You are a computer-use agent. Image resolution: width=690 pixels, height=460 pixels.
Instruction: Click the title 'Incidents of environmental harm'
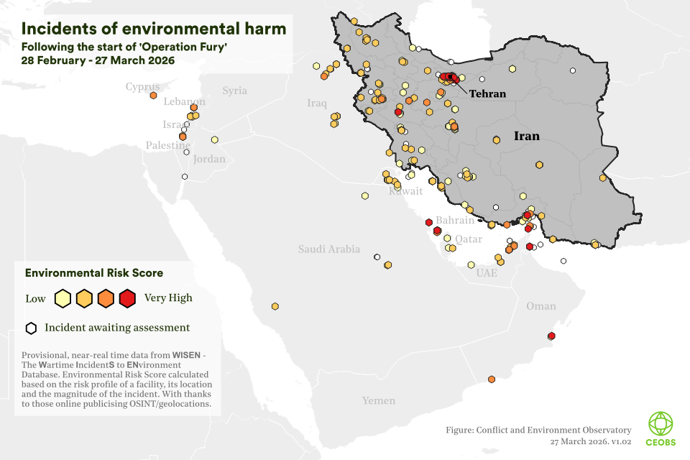point(154,29)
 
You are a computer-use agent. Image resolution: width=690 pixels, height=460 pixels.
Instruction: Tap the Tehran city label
point(487,93)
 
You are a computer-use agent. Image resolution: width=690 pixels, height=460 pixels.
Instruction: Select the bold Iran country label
point(526,136)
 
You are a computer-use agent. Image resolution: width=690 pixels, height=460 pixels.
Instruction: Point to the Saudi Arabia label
point(329,249)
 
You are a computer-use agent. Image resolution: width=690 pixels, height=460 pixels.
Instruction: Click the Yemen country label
point(378,400)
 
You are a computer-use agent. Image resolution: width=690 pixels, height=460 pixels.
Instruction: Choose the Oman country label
point(540,306)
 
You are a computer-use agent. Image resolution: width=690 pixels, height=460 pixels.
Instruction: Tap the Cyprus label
point(142,87)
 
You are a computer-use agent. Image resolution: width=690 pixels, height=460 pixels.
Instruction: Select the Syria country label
point(234,91)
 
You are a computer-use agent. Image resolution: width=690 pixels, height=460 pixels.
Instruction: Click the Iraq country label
point(317,103)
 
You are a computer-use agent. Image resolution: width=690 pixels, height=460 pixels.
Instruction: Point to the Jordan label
point(209,159)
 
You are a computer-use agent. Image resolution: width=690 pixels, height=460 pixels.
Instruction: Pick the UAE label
point(487,273)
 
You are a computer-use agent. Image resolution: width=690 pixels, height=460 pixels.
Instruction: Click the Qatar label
point(469,239)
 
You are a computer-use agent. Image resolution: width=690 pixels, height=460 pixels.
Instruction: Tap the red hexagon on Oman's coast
point(551,336)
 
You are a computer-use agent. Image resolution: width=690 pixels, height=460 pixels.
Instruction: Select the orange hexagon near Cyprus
point(153,95)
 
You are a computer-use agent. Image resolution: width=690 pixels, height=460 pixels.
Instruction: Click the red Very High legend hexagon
point(127,298)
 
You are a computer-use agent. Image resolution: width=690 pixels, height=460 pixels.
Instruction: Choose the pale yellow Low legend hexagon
point(63,298)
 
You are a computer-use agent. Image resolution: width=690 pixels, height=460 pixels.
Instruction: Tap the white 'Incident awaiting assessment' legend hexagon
point(31,328)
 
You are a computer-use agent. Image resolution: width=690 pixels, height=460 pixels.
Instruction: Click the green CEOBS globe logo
point(661,423)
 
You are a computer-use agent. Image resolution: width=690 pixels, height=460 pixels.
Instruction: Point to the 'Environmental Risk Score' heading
point(94,273)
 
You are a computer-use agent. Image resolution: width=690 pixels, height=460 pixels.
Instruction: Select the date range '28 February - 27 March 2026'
point(98,60)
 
